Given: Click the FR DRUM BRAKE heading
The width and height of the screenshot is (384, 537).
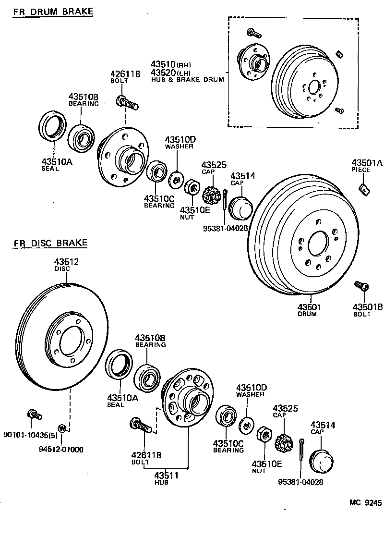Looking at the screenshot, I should point(53,11).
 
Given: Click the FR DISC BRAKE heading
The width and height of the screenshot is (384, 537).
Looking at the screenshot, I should point(50,243).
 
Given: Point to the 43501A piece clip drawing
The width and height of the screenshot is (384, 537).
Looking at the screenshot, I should point(364,189).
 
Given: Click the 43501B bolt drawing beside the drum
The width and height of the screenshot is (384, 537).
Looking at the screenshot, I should point(361,286).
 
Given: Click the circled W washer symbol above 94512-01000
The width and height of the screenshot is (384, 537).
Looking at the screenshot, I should point(61,427).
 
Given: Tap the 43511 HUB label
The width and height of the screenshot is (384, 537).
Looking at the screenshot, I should point(166,476).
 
